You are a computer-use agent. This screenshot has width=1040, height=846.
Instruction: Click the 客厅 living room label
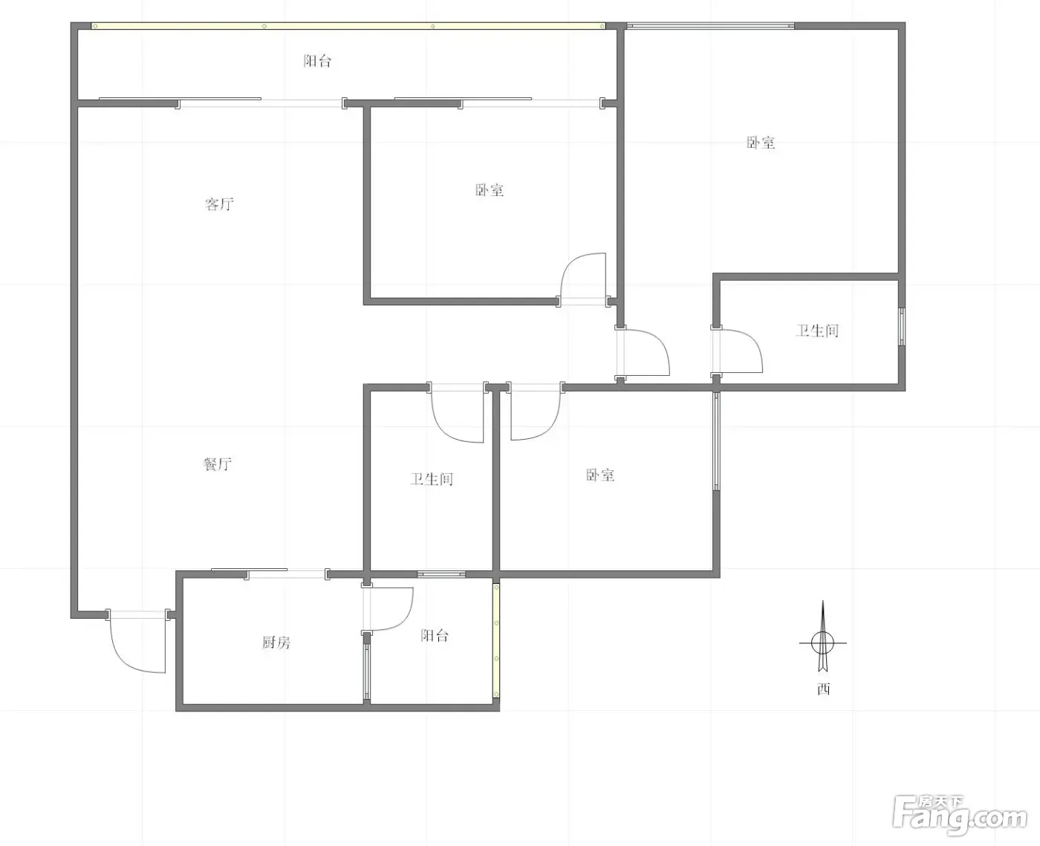[x=219, y=204]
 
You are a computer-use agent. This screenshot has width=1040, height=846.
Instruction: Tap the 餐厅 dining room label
[x=217, y=463]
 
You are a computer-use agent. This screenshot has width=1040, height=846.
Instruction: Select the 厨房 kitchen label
[x=276, y=642]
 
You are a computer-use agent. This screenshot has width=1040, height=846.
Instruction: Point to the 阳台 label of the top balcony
[x=317, y=61]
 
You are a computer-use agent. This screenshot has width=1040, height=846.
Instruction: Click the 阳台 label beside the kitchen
[x=435, y=635]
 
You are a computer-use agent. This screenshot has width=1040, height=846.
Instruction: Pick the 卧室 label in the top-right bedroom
[x=761, y=143]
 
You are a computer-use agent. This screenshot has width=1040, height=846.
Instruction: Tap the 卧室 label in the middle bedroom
[x=490, y=190]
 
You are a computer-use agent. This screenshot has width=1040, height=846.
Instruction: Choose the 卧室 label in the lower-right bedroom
[x=600, y=475]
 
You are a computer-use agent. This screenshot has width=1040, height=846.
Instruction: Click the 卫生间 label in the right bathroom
[x=817, y=331]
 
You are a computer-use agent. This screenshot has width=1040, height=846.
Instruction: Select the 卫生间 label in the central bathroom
[x=432, y=479]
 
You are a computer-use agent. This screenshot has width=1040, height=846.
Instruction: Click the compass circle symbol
[x=823, y=642]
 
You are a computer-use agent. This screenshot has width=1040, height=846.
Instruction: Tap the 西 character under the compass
[x=824, y=689]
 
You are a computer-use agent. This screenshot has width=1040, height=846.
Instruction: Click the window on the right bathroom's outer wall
[x=902, y=327]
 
